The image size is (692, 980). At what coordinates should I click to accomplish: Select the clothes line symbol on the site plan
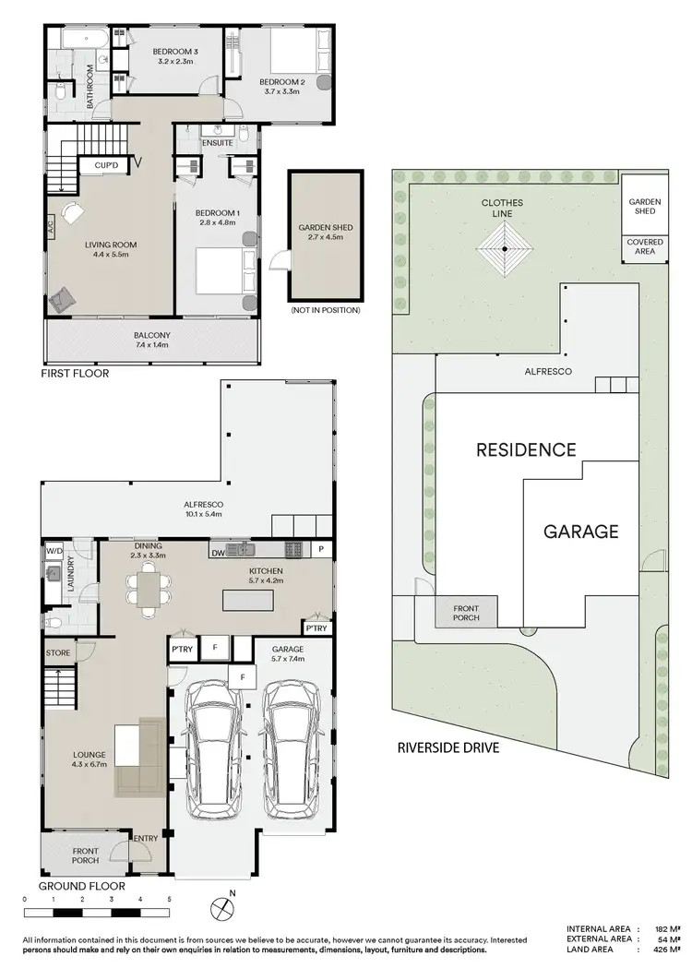[x=505, y=248]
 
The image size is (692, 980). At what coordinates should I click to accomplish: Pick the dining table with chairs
[x=148, y=591]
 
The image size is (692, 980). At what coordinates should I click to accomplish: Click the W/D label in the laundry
[x=54, y=551]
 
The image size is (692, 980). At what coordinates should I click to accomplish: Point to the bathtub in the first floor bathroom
[x=78, y=39]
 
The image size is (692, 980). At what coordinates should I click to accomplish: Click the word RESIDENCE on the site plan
[x=526, y=450]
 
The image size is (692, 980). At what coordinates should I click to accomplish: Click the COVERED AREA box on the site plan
[x=644, y=246]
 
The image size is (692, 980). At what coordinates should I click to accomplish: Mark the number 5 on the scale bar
[x=168, y=898]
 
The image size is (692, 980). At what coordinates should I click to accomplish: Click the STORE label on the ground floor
[x=57, y=653]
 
